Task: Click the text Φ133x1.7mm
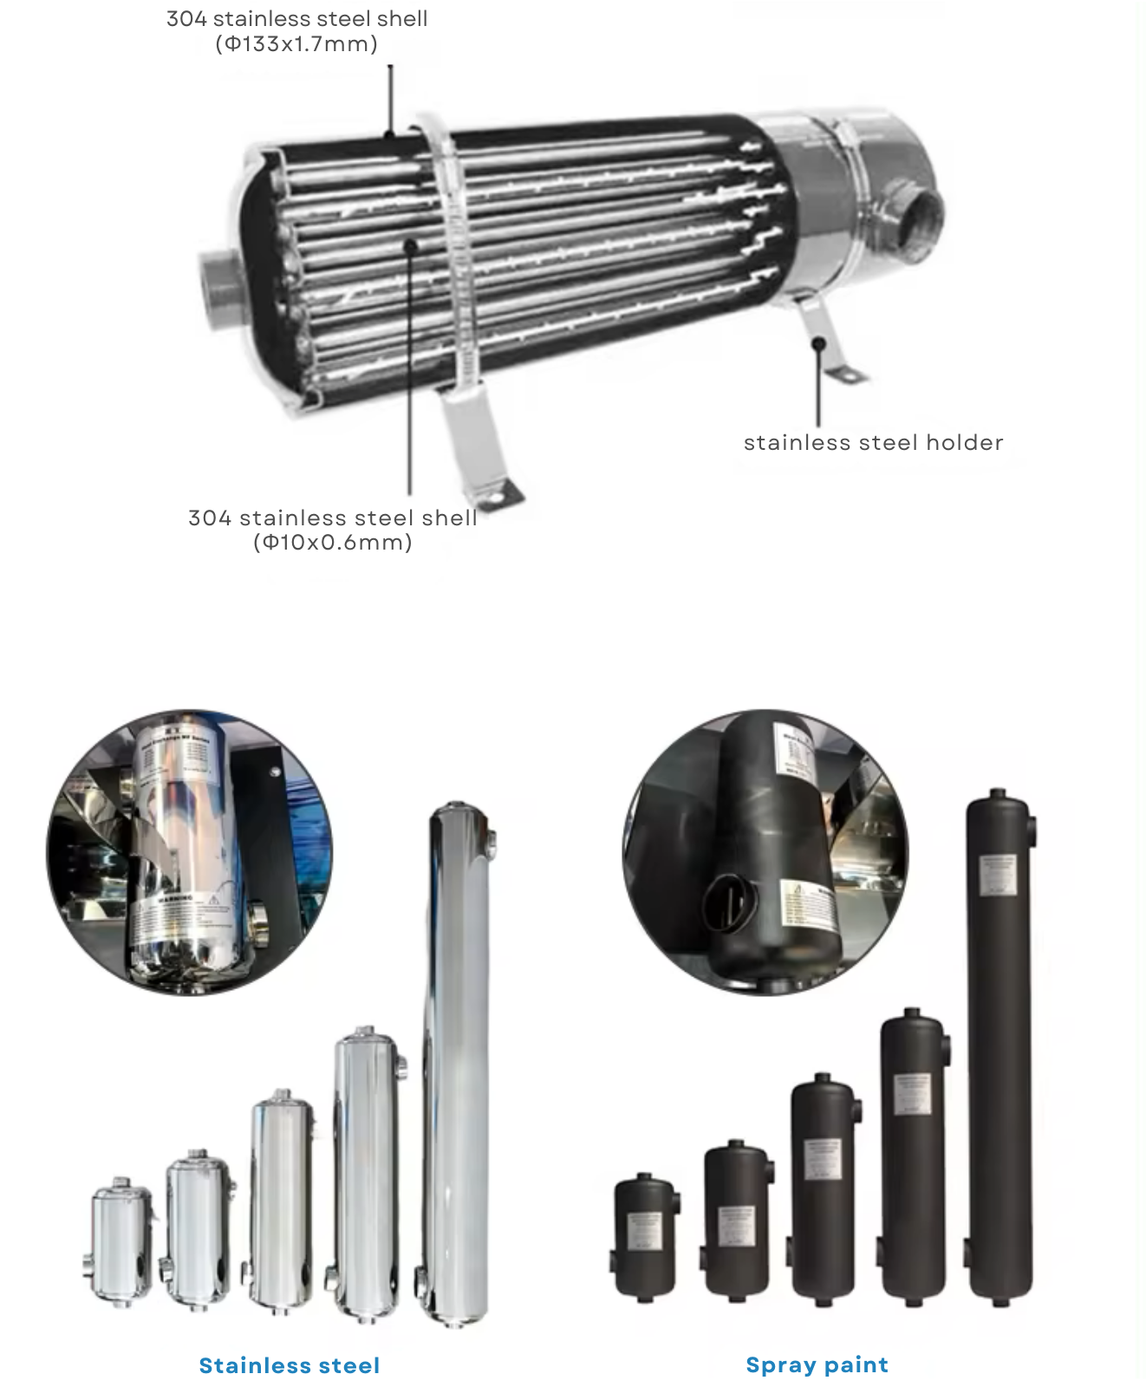[x=296, y=44]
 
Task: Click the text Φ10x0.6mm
[x=333, y=543]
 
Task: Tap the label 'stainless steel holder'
[x=873, y=442]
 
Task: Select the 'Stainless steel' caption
[x=290, y=1365]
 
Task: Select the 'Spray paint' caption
[x=817, y=1364]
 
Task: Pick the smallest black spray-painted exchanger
[x=645, y=1235]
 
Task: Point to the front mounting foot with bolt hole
[x=491, y=495]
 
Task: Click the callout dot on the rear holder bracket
[x=817, y=344]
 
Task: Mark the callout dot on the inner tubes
[x=411, y=246]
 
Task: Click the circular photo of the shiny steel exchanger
[x=189, y=852]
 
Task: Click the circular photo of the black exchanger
[x=765, y=852]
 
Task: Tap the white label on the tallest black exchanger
[x=998, y=876]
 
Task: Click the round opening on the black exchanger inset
[x=726, y=902]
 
